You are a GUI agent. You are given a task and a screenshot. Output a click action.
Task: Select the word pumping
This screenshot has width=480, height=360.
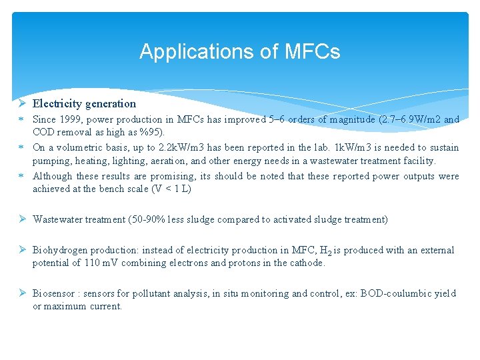[52, 161]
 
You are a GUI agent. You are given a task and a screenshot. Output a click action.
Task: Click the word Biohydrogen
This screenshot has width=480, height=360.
[60, 250]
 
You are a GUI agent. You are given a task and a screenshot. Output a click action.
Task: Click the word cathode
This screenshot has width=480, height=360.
[305, 263]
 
